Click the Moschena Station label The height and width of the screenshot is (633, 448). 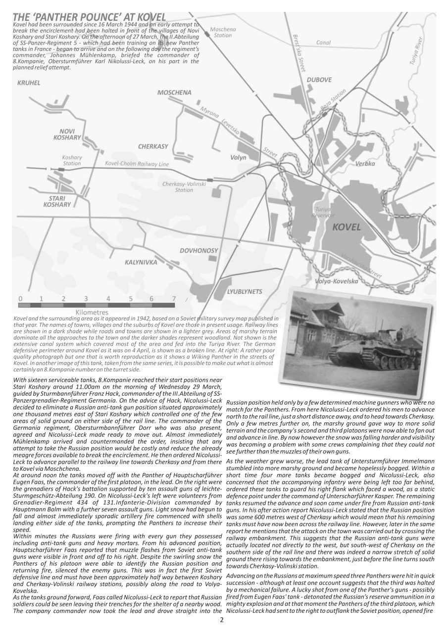(223, 32)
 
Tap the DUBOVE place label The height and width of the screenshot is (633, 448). (319, 79)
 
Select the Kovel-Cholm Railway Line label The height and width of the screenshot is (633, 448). (137, 163)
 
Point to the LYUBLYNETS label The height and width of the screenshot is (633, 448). (244, 292)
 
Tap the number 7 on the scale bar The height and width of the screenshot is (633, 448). (174, 299)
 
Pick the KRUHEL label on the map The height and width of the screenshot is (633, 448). (28, 83)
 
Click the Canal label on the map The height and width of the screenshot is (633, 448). (323, 43)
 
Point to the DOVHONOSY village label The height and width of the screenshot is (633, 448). (199, 251)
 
